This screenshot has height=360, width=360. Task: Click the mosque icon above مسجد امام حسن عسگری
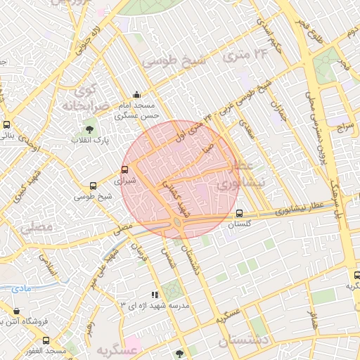[x=136, y=95]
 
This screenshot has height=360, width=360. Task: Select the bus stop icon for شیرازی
[x=125, y=169]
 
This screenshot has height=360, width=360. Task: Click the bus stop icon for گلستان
[x=240, y=214]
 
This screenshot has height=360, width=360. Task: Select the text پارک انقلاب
[x=86, y=141]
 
